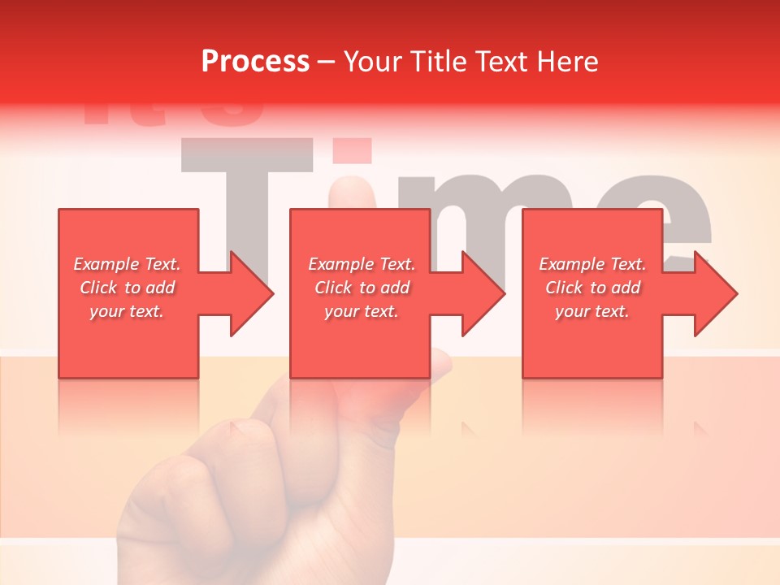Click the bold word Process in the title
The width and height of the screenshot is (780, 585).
(255, 62)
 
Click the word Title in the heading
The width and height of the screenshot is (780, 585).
(439, 62)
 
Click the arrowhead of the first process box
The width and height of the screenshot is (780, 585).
(252, 293)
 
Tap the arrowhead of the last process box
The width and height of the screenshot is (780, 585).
(716, 293)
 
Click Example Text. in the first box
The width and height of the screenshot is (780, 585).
(127, 264)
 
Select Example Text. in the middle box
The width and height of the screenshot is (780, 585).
(362, 264)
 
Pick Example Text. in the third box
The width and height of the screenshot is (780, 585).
(592, 264)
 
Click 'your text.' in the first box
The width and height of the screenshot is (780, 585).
(127, 311)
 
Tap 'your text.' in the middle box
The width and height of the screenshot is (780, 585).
(362, 311)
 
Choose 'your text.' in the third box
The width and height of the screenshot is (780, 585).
(592, 311)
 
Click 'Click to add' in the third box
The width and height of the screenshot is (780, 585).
(592, 288)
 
